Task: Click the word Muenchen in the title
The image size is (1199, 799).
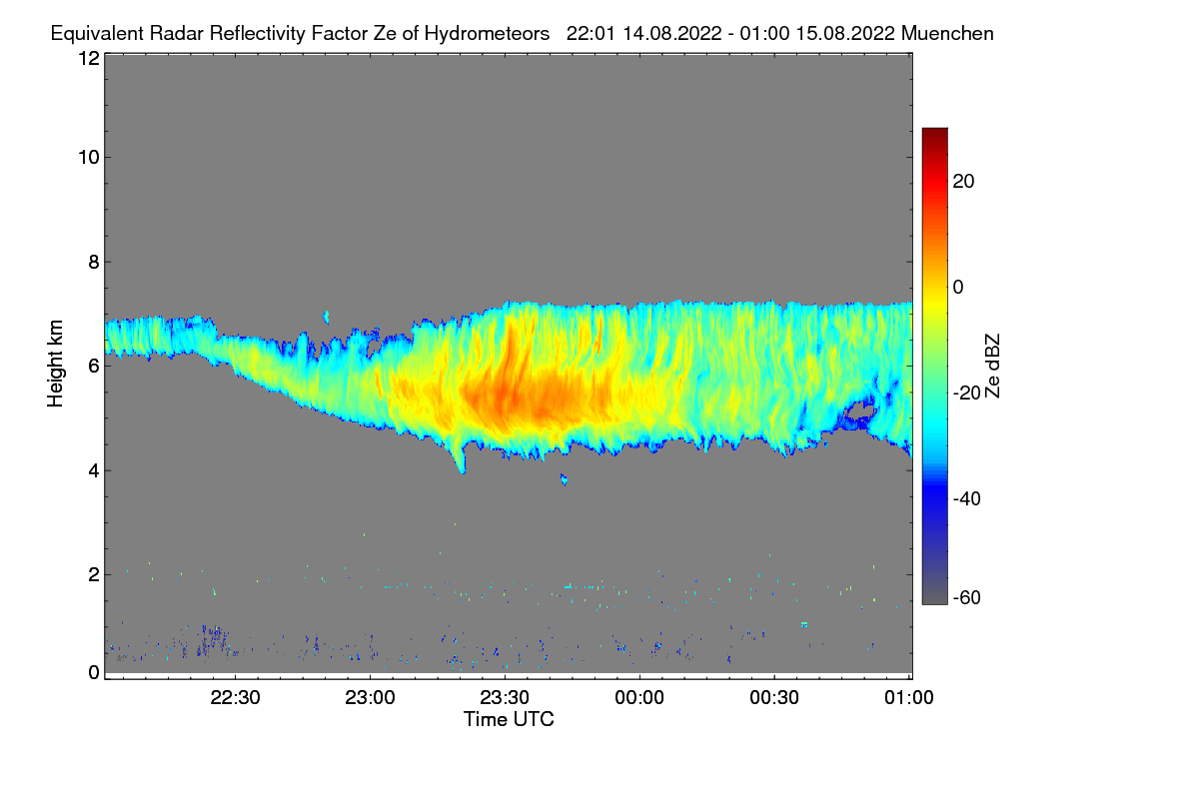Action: tap(946, 33)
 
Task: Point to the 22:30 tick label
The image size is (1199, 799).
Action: tap(236, 698)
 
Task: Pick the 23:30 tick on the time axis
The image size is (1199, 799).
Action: tap(505, 698)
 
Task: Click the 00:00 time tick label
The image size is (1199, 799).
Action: tap(639, 698)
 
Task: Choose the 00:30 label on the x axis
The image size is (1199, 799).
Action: tap(774, 698)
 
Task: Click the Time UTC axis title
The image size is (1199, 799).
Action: tap(509, 719)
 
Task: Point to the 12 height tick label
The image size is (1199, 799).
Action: tap(88, 58)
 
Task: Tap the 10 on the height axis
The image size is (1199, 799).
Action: tap(88, 157)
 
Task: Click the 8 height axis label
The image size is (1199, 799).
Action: tap(93, 262)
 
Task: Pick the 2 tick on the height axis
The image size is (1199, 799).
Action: tap(93, 574)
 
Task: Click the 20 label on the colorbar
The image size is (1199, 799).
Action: tap(964, 182)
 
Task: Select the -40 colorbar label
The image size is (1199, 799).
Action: tap(967, 498)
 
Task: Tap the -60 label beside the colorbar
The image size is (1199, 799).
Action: tap(967, 598)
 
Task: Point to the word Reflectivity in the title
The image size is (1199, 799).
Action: tap(277, 33)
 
